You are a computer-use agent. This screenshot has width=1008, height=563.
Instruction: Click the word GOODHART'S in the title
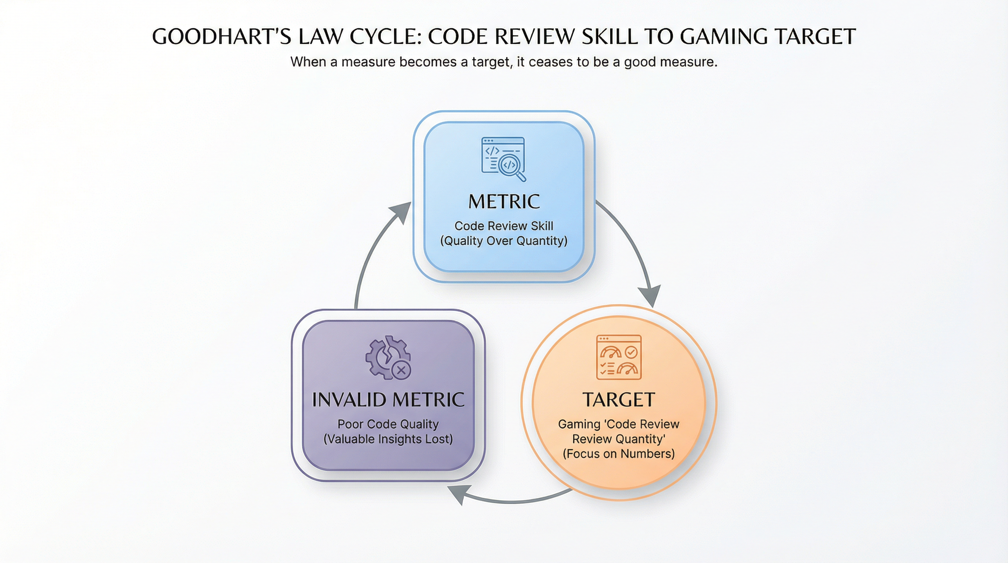tap(222, 37)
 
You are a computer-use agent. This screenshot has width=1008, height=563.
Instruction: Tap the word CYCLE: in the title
tap(385, 37)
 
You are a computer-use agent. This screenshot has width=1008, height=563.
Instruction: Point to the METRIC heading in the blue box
tap(504, 202)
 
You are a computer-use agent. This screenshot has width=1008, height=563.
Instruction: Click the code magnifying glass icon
tap(504, 159)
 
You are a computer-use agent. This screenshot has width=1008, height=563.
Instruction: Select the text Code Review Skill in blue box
tap(504, 226)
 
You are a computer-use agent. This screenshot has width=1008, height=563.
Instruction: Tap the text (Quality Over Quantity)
tap(504, 241)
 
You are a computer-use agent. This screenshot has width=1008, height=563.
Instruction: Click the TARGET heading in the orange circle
tap(619, 400)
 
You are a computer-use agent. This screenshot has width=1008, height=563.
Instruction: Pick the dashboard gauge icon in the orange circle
tap(619, 357)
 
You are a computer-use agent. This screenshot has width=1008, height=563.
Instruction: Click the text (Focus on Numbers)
tap(619, 454)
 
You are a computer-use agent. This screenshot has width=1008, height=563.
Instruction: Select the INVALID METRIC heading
tap(388, 400)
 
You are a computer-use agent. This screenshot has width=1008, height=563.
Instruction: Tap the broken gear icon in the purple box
tap(388, 357)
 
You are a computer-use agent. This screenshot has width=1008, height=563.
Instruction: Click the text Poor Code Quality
tap(388, 424)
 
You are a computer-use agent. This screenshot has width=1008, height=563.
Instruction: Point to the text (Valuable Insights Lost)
tap(388, 439)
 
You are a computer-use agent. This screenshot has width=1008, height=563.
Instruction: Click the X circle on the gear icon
tap(401, 370)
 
